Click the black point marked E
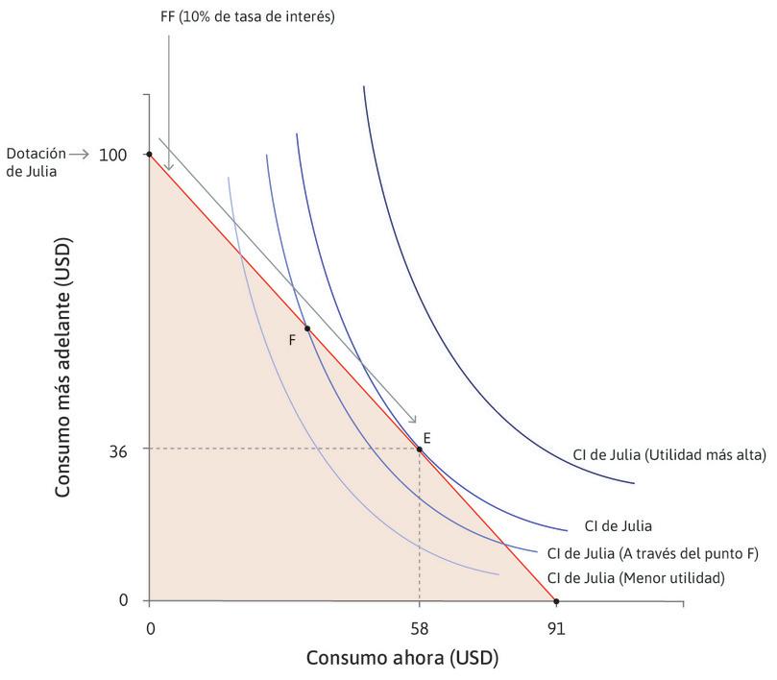click(x=419, y=449)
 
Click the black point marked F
click(x=307, y=328)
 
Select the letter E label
click(x=426, y=437)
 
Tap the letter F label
click(x=292, y=339)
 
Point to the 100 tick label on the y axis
click(x=115, y=154)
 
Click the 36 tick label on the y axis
click(x=120, y=449)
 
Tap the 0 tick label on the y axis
click(x=124, y=601)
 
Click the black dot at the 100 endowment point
click(x=149, y=154)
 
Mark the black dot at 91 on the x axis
click(x=555, y=601)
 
